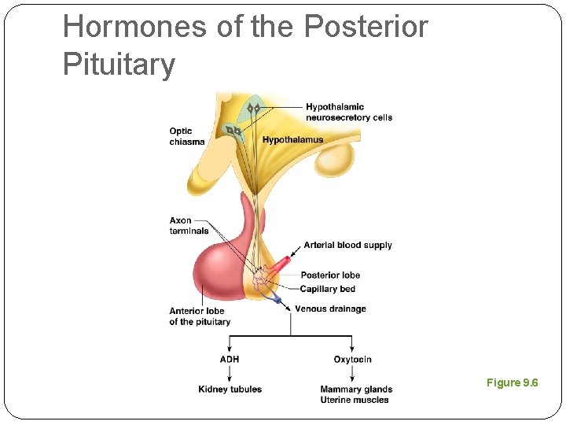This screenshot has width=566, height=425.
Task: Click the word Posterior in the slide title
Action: pos(365,27)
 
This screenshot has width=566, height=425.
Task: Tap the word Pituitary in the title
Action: pos(119,64)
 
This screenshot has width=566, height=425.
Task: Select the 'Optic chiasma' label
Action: pos(186,136)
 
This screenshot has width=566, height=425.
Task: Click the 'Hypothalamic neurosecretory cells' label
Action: pos(348,112)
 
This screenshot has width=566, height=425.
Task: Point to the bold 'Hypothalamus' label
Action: pos(292,140)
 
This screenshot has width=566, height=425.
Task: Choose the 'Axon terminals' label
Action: pos(189,225)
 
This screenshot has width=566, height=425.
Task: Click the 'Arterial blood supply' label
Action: pos(347,245)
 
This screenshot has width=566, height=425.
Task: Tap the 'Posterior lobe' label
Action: pos(330,275)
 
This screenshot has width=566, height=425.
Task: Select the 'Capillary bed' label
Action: pos(327,289)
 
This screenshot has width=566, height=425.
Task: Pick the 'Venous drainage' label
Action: pos(330,309)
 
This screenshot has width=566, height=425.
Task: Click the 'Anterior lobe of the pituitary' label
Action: pos(200,316)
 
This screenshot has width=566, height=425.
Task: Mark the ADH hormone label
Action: pos(230,360)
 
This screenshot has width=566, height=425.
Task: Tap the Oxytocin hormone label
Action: pos(352,360)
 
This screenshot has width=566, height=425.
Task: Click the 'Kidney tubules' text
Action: pos(230,389)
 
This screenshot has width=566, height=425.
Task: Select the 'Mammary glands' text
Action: pos(356,389)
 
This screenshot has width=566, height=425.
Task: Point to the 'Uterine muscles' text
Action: pos(354,400)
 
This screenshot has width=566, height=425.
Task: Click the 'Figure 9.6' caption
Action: pos(512,382)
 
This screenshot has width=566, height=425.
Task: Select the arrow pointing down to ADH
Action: pos(230,345)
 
